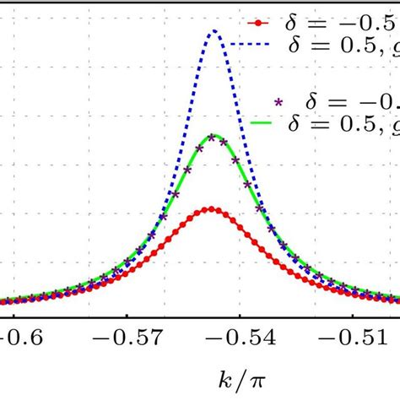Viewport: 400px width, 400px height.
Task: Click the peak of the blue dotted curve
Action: tap(214, 31)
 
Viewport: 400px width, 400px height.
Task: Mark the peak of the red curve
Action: tap(211, 208)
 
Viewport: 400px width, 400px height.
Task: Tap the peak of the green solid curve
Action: tap(214, 135)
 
